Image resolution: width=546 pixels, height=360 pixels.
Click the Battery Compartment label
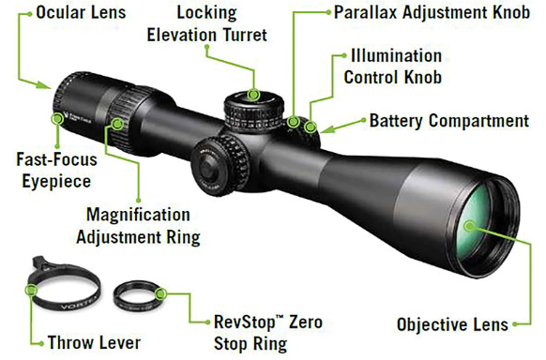click(x=448, y=121)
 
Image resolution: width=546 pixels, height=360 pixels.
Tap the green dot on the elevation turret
click(x=254, y=94)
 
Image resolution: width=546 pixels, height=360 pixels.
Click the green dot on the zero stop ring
click(x=162, y=294)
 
